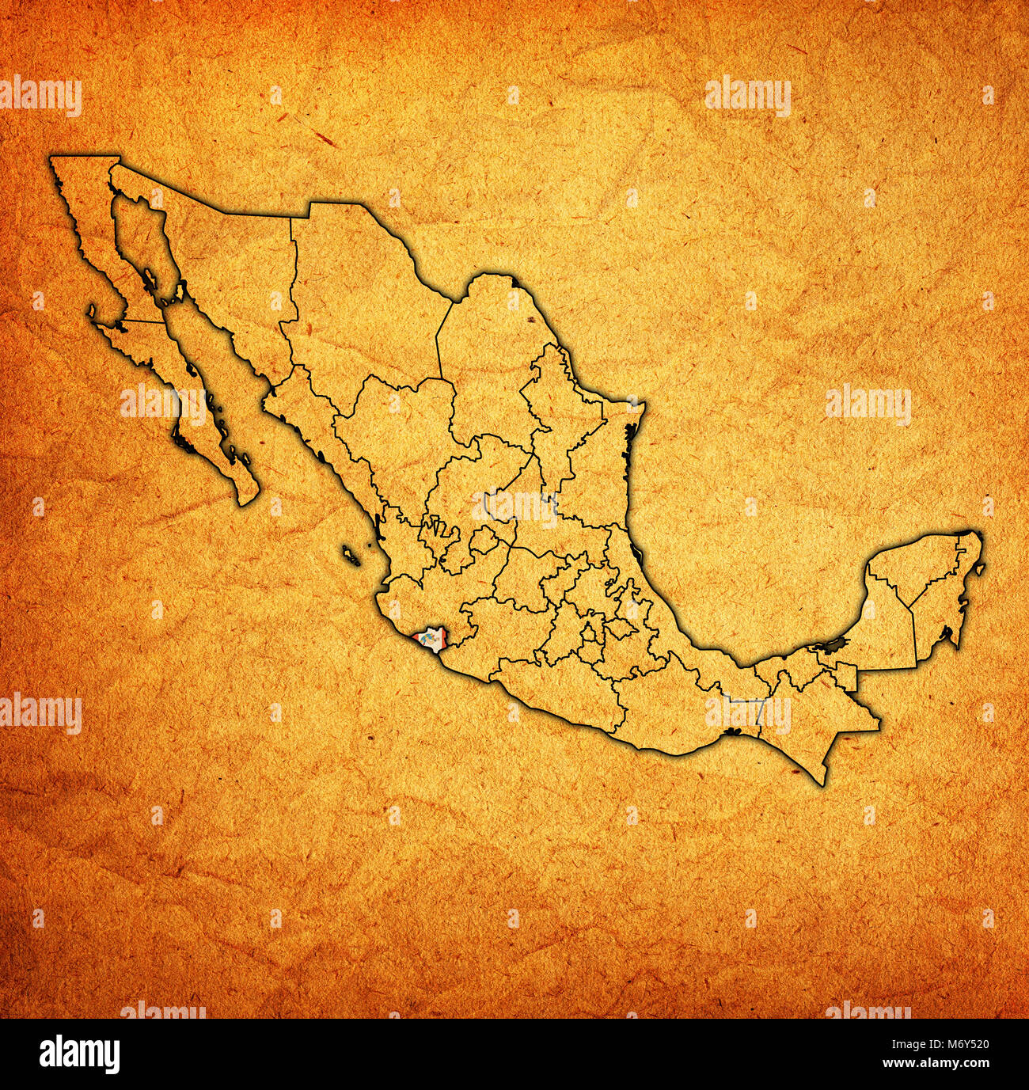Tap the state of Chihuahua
tap(356, 301)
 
